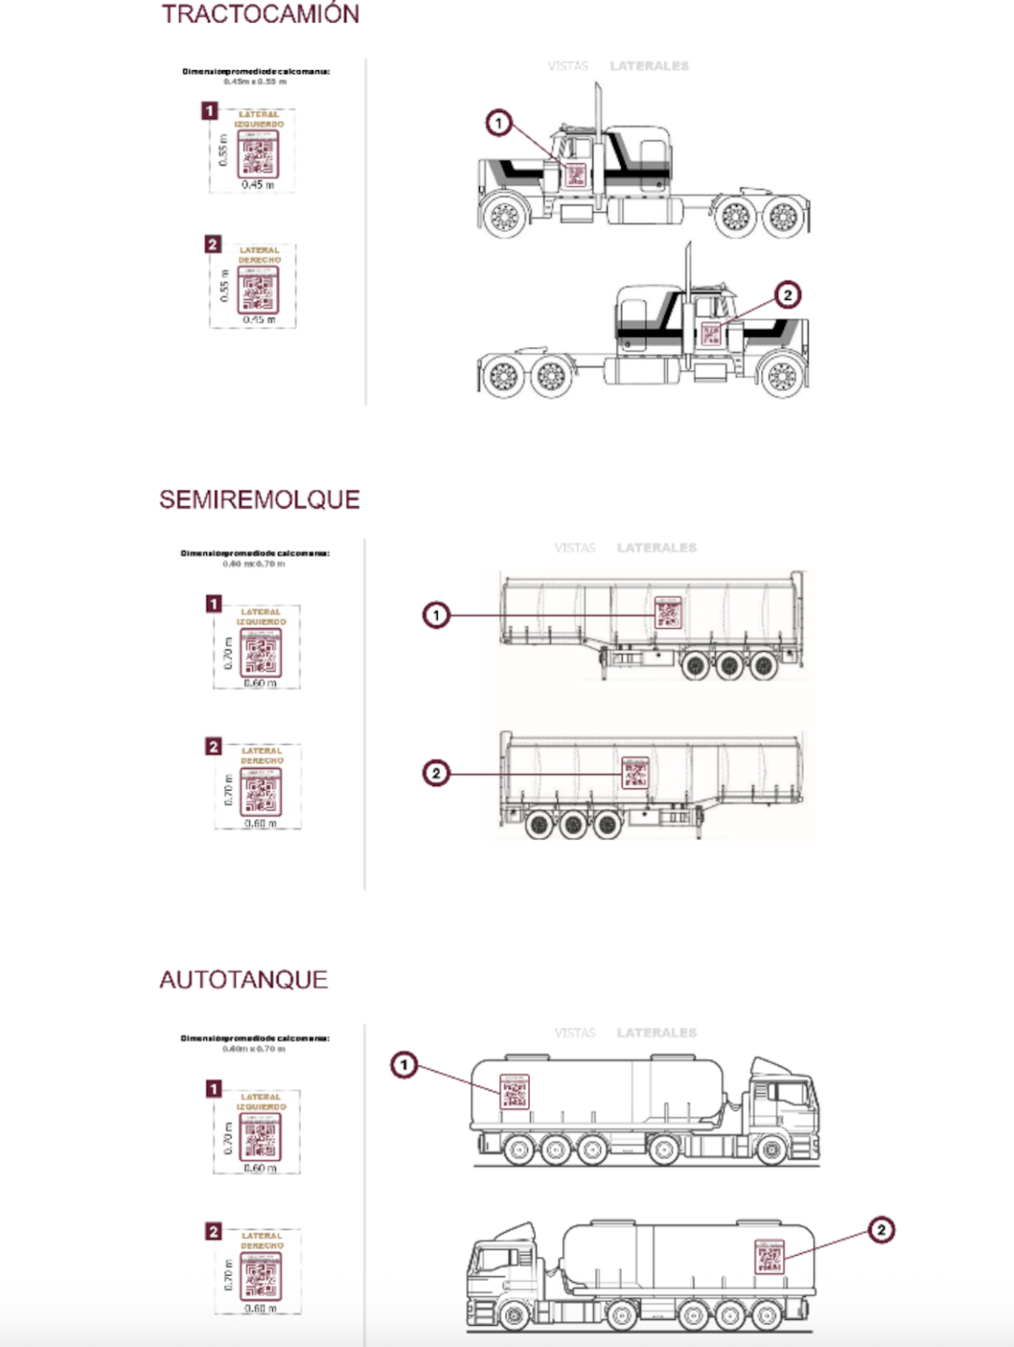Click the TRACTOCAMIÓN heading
pyautogui.click(x=260, y=14)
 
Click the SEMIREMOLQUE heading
pyautogui.click(x=260, y=499)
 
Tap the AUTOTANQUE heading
pyautogui.click(x=243, y=980)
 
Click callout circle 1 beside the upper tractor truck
pyautogui.click(x=499, y=123)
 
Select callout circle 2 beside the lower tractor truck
pyautogui.click(x=787, y=295)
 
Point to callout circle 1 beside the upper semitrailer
pyautogui.click(x=436, y=615)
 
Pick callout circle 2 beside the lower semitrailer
pyautogui.click(x=436, y=773)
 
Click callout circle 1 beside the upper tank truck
pyautogui.click(x=403, y=1065)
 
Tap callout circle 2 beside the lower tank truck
pyautogui.click(x=881, y=1229)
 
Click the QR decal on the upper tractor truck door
pyautogui.click(x=575, y=175)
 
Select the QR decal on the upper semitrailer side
pyautogui.click(x=668, y=613)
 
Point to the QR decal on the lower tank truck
pyautogui.click(x=769, y=1257)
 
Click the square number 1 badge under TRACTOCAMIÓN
pyautogui.click(x=209, y=110)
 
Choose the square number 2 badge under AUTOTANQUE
pyautogui.click(x=213, y=1231)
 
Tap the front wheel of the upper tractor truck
pyautogui.click(x=504, y=217)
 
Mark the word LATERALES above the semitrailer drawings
pyautogui.click(x=656, y=548)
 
